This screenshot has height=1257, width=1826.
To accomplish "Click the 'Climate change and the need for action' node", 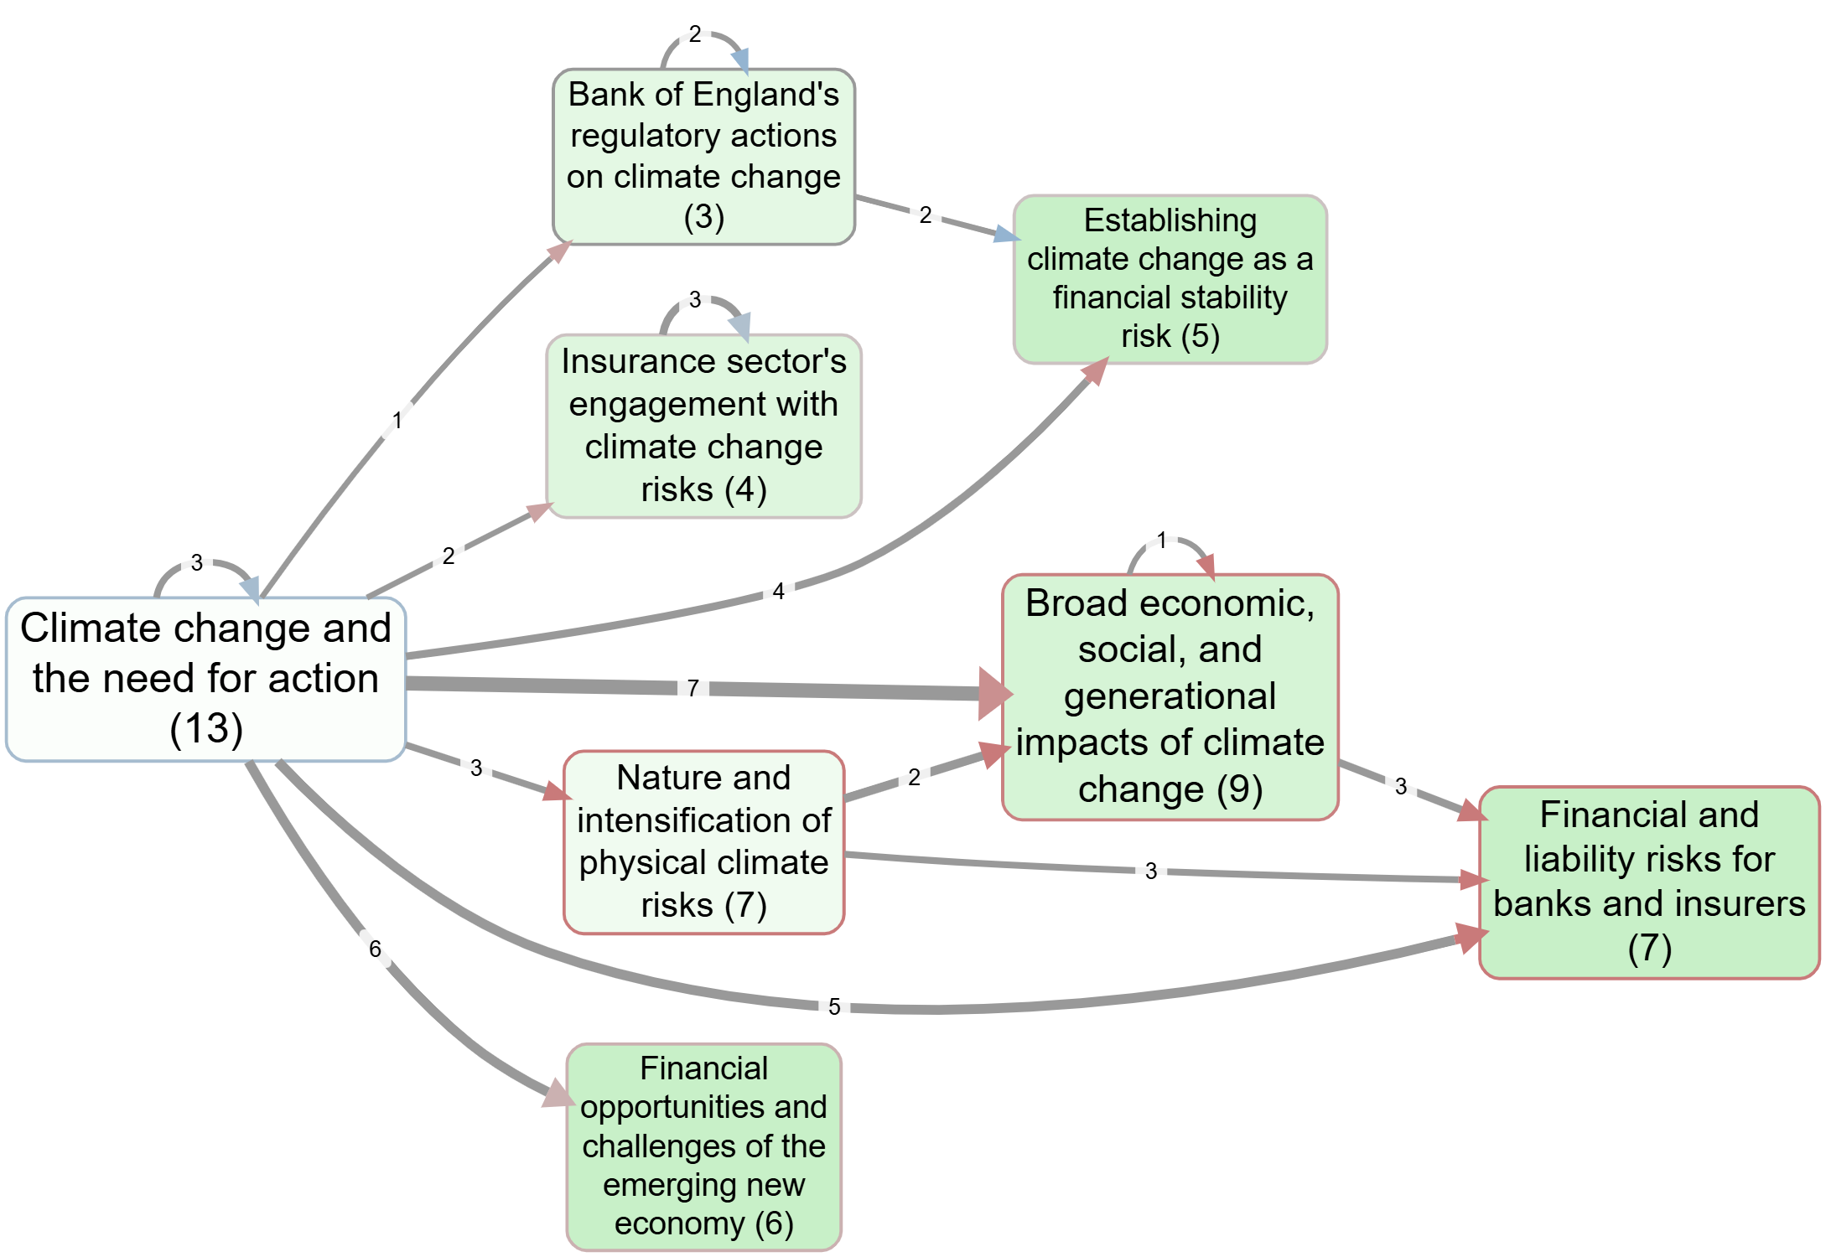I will [x=205, y=679].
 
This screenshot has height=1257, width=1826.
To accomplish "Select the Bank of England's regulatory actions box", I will [x=703, y=157].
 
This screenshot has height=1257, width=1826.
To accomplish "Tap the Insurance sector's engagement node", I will [x=703, y=426].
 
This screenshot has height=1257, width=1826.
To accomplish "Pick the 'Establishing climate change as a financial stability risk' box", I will [x=1170, y=279].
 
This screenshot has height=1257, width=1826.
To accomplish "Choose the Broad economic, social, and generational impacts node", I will [x=1170, y=696].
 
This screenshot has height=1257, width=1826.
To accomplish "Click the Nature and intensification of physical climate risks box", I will [x=703, y=841].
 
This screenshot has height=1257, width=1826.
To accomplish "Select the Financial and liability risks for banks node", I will [x=1648, y=882].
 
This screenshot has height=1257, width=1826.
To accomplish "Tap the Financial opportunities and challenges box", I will [x=703, y=1146].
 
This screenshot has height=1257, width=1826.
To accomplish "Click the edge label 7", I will [x=693, y=688].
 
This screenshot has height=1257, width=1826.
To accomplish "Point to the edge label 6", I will [x=375, y=949].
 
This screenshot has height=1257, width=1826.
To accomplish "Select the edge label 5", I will [x=834, y=1006].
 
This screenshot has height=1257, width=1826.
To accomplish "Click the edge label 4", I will [x=778, y=592].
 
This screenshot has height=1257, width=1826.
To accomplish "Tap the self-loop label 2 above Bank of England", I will [x=695, y=34].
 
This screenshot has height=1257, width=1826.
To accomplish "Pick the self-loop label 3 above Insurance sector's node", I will [x=695, y=300].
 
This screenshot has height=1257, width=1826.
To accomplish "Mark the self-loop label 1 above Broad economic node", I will [x=1162, y=540].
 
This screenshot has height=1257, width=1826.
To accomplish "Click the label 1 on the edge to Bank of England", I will [x=397, y=421].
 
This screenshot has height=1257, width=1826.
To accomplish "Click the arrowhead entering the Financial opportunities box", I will [x=558, y=1094].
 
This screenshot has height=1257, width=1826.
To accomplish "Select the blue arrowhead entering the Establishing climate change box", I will [x=1006, y=234].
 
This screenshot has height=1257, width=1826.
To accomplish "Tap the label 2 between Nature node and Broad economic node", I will [x=914, y=778].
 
